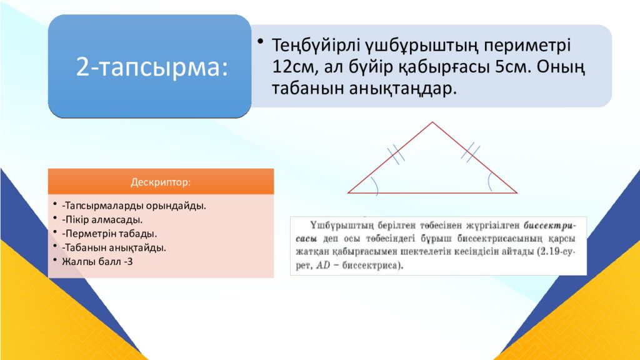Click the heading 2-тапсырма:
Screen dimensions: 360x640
(151, 66)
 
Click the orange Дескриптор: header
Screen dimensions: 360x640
(161, 182)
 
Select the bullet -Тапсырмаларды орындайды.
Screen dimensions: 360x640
(134, 205)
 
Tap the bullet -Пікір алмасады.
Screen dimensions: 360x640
(102, 219)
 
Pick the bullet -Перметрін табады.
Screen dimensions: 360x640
(109, 233)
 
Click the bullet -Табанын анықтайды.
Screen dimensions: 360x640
(113, 247)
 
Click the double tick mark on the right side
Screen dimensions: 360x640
(471, 152)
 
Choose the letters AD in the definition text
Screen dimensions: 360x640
(322, 266)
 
